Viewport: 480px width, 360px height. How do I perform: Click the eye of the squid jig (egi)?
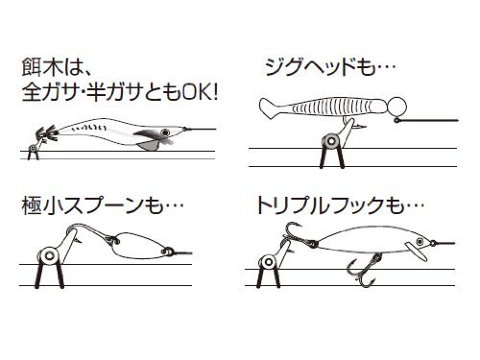pyautogui.click(x=165, y=132)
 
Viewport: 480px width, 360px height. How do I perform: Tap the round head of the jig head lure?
pyautogui.click(x=397, y=106)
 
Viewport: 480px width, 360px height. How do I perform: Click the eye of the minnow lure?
pyautogui.click(x=420, y=241)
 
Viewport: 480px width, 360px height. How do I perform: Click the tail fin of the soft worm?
pyautogui.click(x=270, y=108)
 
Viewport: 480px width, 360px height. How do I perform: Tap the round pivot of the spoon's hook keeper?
pyautogui.click(x=49, y=255)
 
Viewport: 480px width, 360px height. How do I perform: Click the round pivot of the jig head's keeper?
pyautogui.click(x=331, y=141)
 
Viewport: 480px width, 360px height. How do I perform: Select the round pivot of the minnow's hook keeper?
pyautogui.click(x=268, y=262)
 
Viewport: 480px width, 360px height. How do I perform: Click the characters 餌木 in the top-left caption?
pyautogui.click(x=42, y=67)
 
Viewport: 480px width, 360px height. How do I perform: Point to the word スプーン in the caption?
pyautogui.click(x=102, y=205)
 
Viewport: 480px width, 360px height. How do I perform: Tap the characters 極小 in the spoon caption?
pyautogui.click(x=42, y=205)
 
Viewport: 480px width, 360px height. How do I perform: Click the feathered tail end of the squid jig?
pyautogui.click(x=47, y=133)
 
